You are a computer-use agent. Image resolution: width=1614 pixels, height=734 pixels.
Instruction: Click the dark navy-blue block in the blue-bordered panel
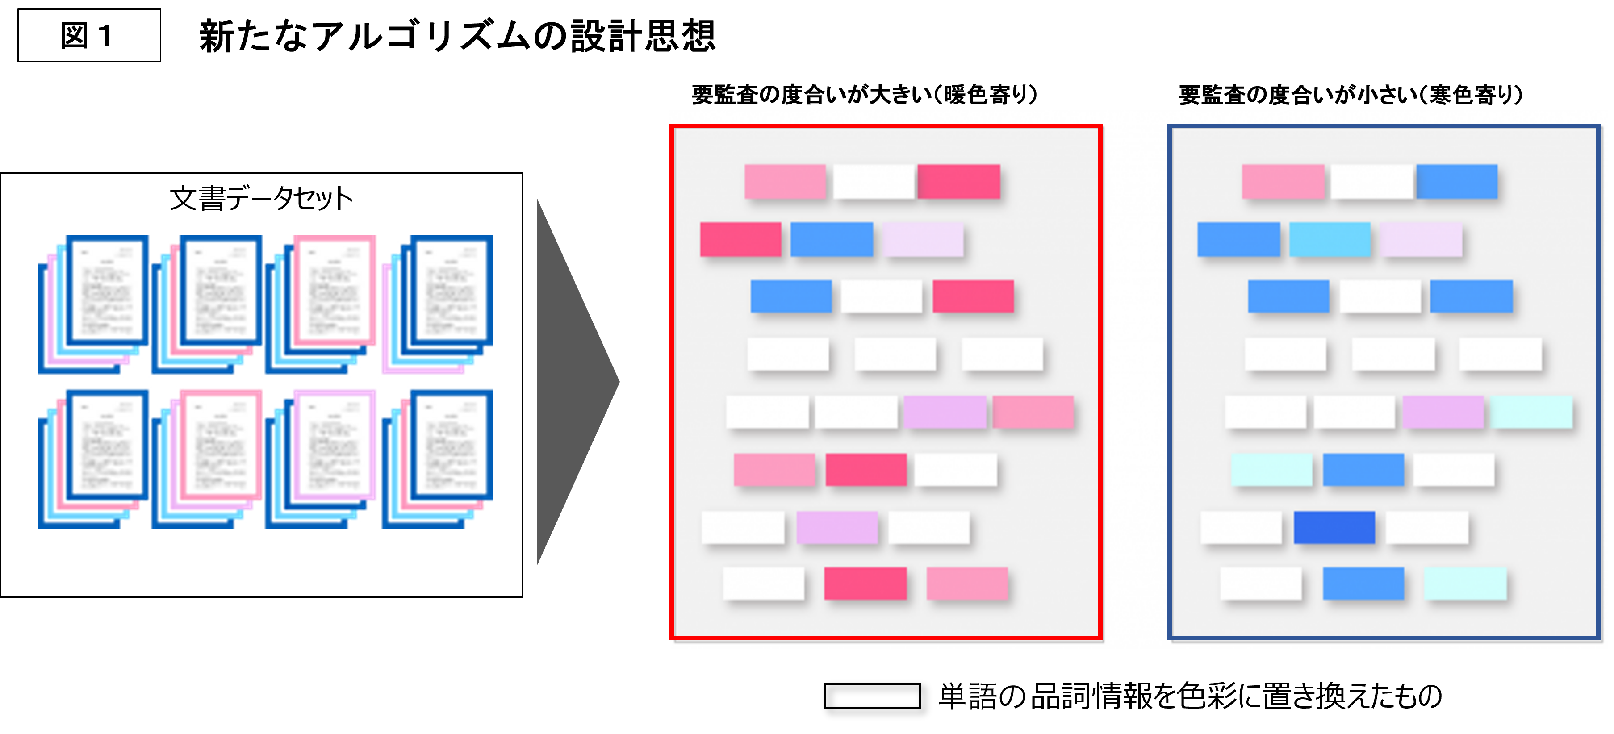pos(1334,527)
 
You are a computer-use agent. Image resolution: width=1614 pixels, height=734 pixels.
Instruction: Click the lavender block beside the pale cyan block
pos(1443,412)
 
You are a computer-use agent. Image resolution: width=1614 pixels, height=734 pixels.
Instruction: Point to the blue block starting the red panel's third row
pos(791,296)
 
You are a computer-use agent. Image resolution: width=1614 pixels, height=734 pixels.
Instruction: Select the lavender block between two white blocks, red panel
pos(836,527)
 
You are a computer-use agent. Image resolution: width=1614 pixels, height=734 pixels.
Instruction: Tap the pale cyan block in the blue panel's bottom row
pos(1465,583)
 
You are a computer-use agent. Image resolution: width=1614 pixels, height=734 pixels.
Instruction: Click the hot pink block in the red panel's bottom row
pos(865,583)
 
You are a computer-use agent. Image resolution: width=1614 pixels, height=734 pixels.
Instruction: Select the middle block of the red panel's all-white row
pos(895,354)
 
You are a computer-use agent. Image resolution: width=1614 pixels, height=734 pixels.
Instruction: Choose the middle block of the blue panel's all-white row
pos(1393,354)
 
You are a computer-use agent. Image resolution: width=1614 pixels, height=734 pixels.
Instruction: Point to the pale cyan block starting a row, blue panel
pos(1271,469)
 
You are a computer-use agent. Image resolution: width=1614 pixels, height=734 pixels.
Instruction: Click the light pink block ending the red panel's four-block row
pos(1033,412)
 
